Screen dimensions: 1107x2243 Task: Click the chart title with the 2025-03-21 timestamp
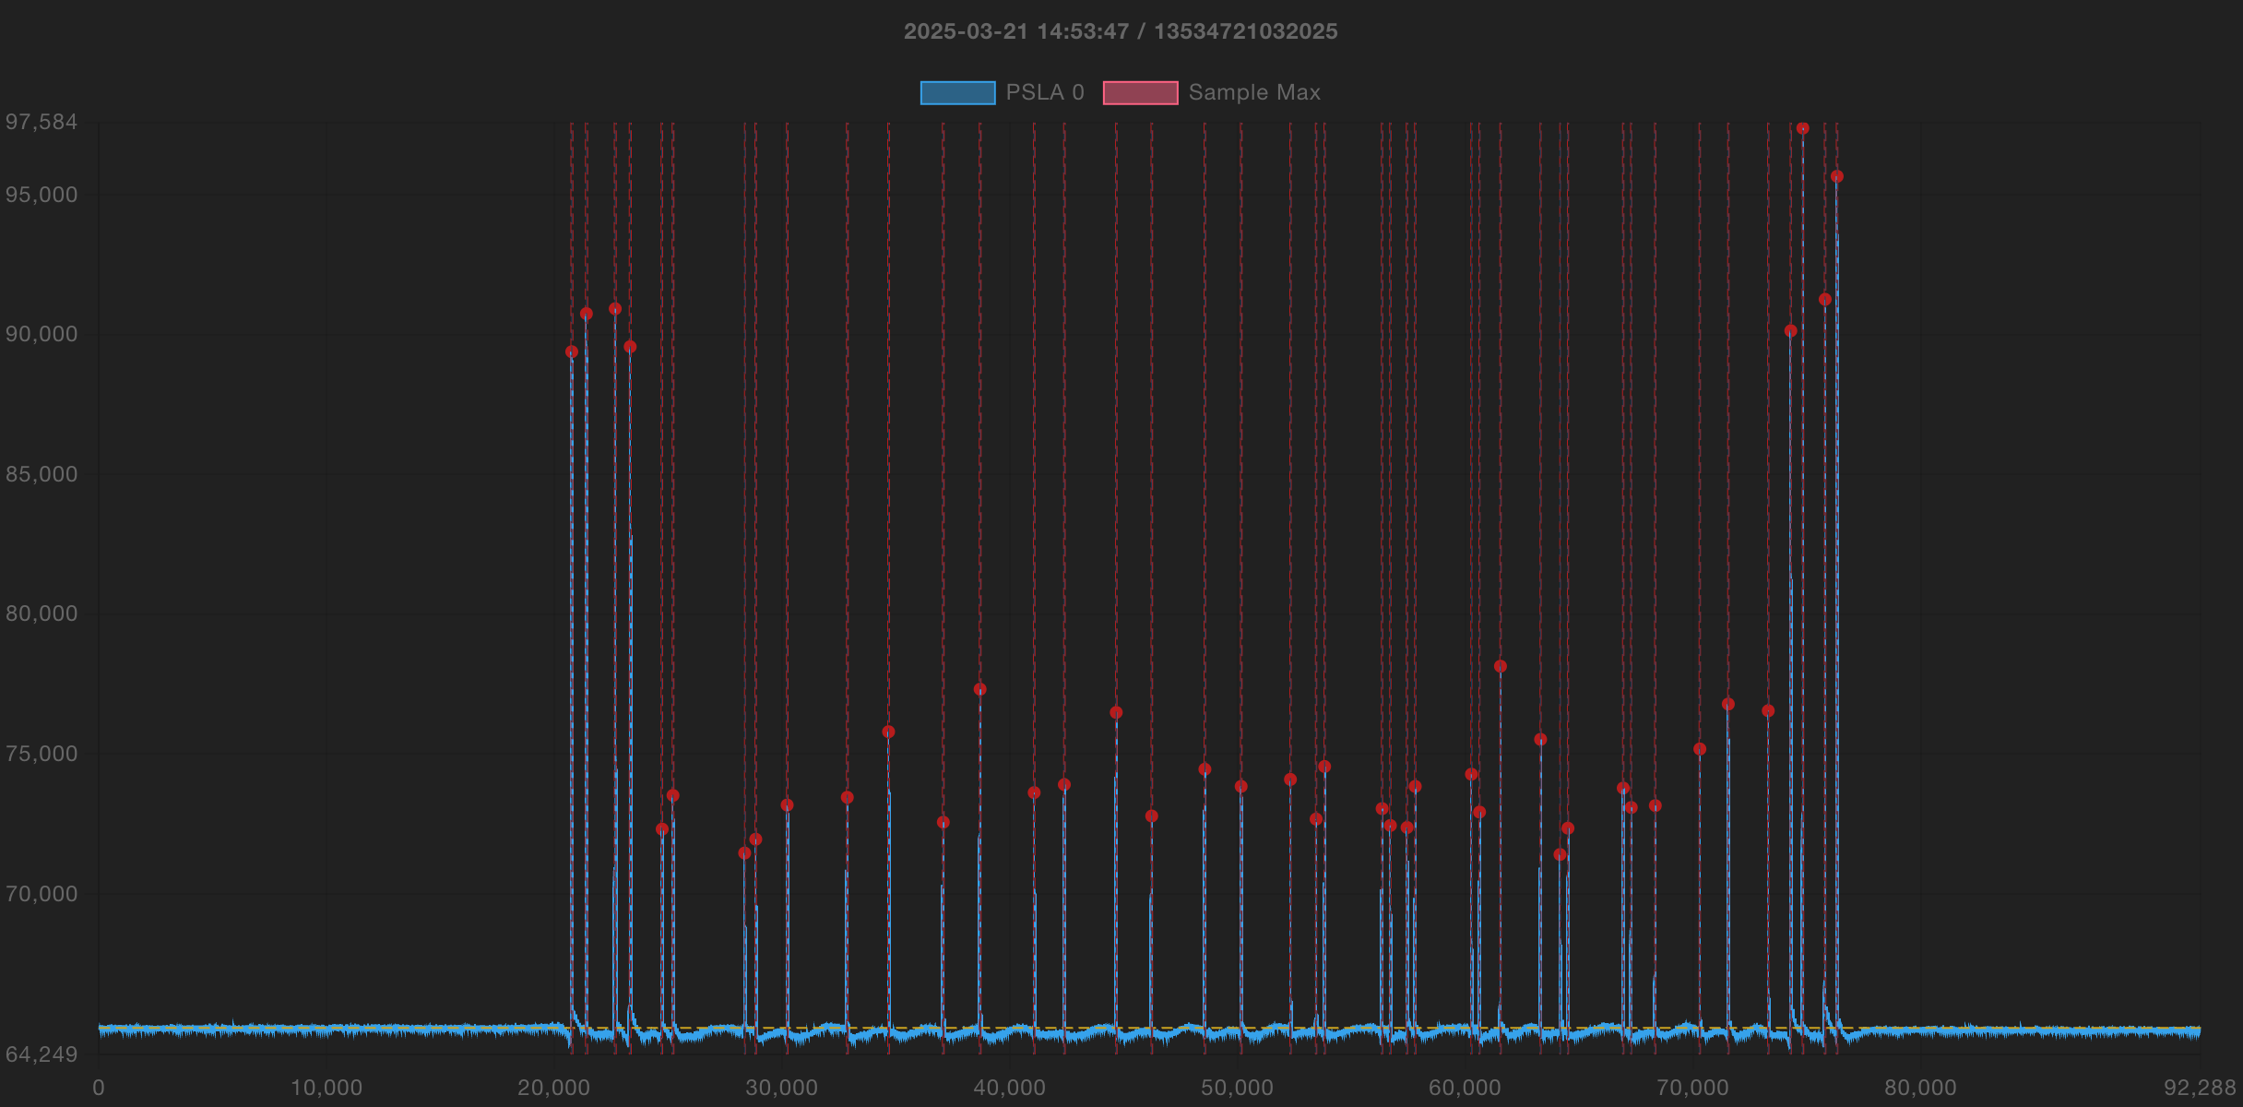[1120, 31]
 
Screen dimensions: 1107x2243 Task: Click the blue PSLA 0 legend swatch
[957, 93]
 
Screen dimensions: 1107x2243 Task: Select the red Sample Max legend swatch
[1140, 93]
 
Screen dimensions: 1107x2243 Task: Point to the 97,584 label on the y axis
[42, 122]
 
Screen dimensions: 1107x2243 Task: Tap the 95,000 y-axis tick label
[42, 195]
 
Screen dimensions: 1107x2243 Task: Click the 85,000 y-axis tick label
[42, 474]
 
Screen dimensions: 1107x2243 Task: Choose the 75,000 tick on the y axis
[42, 754]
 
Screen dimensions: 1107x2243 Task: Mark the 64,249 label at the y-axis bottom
[42, 1054]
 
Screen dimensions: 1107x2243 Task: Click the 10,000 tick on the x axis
[326, 1088]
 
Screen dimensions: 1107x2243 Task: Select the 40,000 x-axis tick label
[1009, 1088]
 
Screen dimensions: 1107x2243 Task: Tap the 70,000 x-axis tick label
[1692, 1088]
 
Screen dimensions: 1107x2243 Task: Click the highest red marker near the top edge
[1802, 128]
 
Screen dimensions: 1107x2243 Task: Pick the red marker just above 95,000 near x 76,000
[1836, 176]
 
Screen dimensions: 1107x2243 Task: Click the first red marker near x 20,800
[571, 351]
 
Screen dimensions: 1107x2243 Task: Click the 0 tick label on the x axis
[99, 1088]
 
